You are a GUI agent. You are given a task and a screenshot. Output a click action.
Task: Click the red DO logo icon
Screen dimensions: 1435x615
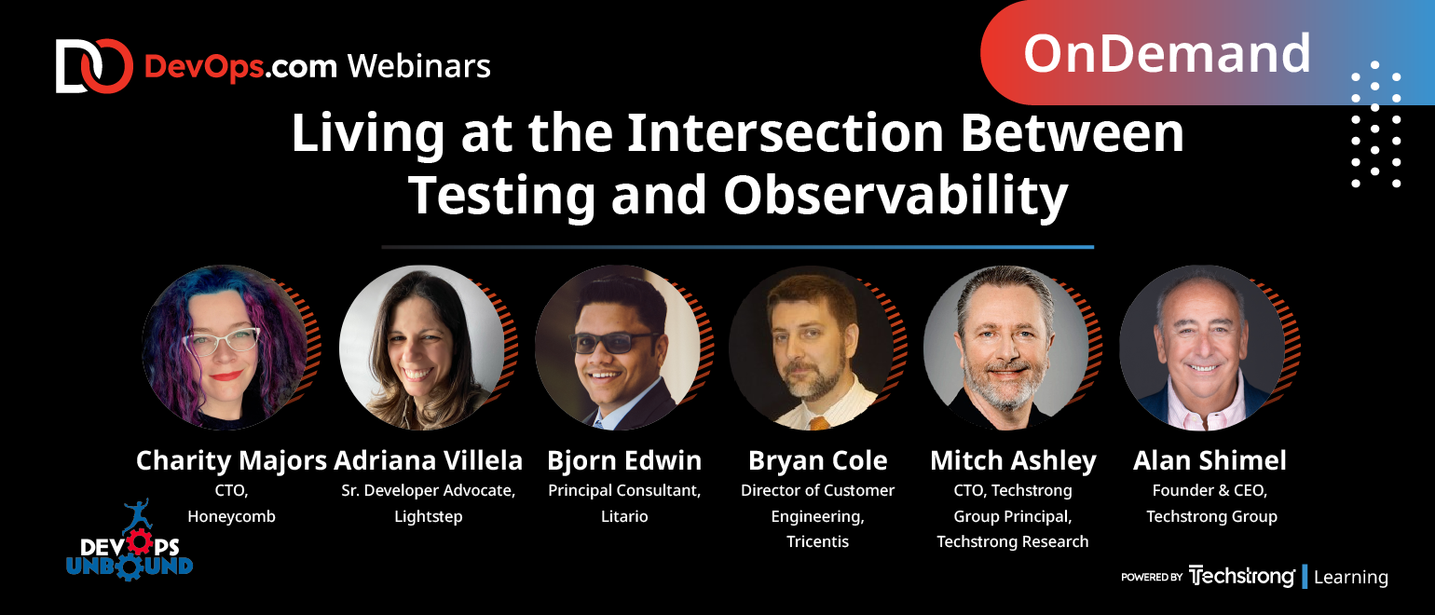click(x=94, y=66)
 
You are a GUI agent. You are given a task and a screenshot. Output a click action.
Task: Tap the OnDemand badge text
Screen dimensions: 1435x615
click(x=1167, y=54)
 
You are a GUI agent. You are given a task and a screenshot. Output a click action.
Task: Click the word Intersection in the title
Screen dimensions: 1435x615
click(x=785, y=133)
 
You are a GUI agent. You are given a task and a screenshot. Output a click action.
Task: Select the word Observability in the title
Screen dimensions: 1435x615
click(x=895, y=196)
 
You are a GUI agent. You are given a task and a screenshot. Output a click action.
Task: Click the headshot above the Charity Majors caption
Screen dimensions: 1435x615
click(x=225, y=348)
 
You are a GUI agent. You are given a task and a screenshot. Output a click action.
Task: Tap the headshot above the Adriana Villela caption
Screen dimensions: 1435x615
click(x=421, y=348)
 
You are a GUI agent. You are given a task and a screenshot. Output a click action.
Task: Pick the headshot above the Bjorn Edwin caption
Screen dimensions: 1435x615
click(x=618, y=348)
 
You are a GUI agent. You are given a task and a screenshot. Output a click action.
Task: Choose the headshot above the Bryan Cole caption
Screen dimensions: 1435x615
click(x=812, y=348)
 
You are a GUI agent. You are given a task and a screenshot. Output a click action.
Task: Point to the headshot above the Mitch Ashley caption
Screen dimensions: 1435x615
click(x=1005, y=348)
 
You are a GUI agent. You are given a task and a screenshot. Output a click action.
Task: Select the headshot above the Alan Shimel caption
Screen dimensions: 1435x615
click(x=1202, y=348)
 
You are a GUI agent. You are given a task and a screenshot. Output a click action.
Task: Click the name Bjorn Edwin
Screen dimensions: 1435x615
click(x=624, y=460)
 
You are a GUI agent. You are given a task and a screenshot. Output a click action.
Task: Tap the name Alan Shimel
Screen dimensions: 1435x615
click(x=1209, y=460)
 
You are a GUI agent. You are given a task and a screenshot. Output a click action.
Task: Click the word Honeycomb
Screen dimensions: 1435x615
click(x=231, y=516)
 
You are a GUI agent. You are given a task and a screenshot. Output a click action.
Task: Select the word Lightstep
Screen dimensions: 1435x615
click(x=429, y=516)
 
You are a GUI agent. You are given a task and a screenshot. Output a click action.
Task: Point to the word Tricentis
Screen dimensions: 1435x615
click(x=817, y=541)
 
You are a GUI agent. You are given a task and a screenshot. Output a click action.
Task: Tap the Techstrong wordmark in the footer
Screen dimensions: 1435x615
click(x=1241, y=577)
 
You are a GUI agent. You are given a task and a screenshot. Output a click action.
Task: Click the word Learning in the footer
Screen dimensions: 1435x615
click(x=1351, y=577)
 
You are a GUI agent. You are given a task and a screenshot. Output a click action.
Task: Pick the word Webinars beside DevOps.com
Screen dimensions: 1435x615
click(x=419, y=66)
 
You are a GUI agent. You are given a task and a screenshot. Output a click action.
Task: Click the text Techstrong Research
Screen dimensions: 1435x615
click(x=1012, y=541)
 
